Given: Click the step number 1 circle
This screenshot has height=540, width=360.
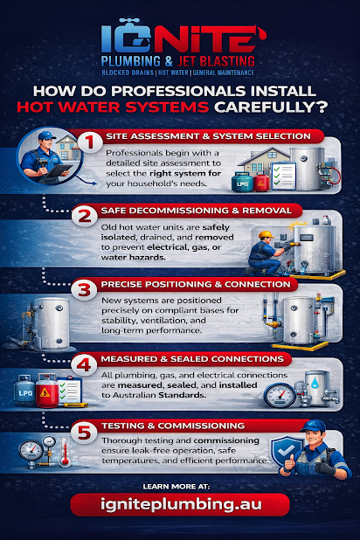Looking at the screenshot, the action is pos(90,142).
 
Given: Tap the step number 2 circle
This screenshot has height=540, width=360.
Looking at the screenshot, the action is pos(85,216).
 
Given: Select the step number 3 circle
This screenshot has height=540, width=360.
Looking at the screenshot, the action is pos(85,289).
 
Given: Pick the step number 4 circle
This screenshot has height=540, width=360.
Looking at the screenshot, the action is pos(85,364).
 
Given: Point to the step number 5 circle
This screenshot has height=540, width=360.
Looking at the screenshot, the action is pos(85,432).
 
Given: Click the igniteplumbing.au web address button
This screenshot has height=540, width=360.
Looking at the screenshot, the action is pos(180,504).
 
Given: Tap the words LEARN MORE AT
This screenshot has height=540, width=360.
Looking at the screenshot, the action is pos(176,487).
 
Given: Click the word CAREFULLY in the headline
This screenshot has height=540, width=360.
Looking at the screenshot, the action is pos(270,107).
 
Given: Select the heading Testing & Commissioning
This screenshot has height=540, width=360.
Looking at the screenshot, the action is pos(173,426).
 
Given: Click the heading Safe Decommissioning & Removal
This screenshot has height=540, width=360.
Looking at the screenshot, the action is pos(197,211).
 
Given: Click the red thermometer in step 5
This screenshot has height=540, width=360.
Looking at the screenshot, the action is pos(65,452).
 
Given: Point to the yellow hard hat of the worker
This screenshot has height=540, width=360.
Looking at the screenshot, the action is pos(266,235).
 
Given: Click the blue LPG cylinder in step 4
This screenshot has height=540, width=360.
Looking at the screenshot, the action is pos(24,391).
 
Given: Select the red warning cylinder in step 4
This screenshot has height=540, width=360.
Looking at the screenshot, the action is pos(47,391).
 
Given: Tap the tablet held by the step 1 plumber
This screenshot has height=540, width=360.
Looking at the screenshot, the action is pos(59,170).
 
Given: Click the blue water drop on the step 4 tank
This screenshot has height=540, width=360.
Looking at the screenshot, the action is pos(315,382).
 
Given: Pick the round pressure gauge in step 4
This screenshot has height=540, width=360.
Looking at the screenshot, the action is pos(280,395).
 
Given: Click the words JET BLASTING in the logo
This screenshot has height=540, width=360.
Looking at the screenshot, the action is pos(216,61).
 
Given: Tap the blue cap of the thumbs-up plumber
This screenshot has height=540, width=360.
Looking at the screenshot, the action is pos(313,426).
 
